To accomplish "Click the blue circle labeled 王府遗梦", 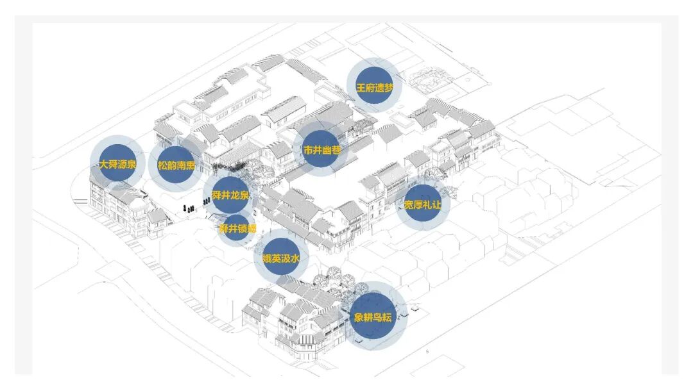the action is point(375,87).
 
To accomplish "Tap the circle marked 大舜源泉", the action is point(118,163).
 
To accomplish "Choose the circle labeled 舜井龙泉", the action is point(230,195).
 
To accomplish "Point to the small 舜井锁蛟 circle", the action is point(237,228).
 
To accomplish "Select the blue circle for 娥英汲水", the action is point(280,259).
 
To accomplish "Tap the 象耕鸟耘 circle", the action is point(378,316).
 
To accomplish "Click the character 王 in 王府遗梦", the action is point(361,87).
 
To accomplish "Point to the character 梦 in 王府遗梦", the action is point(389,87).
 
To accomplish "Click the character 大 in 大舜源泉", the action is point(103,164).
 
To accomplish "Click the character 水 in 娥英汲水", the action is point(295,260).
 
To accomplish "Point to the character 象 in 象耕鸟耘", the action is point(359,317).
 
